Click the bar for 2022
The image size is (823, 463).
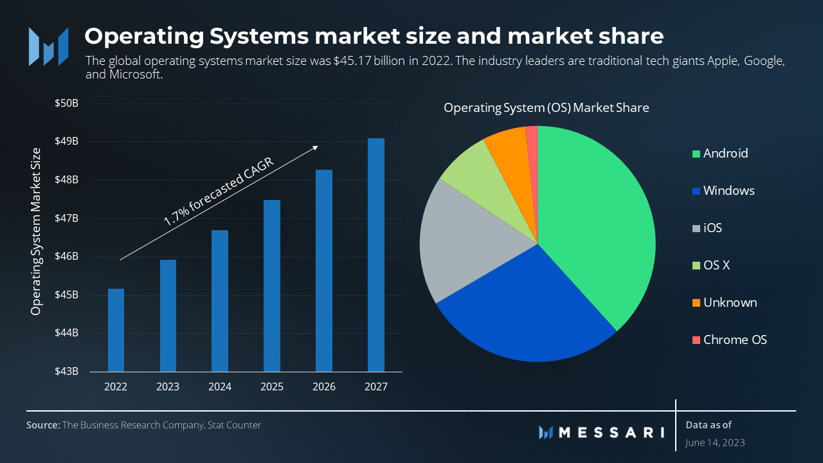[116, 330]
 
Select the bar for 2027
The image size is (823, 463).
[375, 255]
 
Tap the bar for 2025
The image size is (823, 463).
[271, 286]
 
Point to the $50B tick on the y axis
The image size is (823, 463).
[66, 103]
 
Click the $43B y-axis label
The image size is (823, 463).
[66, 372]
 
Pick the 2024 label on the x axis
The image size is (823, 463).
[219, 387]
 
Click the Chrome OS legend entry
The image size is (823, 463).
[734, 340]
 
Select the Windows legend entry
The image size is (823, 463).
[728, 190]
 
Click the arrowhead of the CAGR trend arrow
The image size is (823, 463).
[315, 147]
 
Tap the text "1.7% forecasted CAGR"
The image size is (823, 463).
[219, 192]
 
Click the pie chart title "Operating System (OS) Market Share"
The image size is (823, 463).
[546, 107]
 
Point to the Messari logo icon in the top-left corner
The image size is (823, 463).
[48, 46]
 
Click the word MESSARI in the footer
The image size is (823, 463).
[611, 432]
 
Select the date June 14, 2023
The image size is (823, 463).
[715, 442]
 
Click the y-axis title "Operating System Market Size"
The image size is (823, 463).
[36, 232]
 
